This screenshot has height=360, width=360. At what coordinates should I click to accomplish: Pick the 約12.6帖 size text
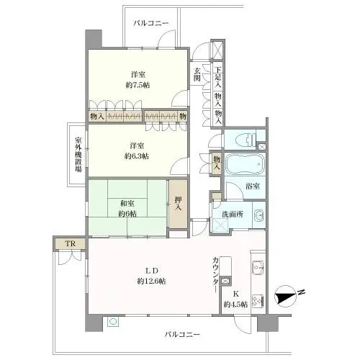click(151, 280)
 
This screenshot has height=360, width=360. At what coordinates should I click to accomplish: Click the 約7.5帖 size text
click(140, 85)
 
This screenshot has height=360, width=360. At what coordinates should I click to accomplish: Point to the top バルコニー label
click(151, 24)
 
